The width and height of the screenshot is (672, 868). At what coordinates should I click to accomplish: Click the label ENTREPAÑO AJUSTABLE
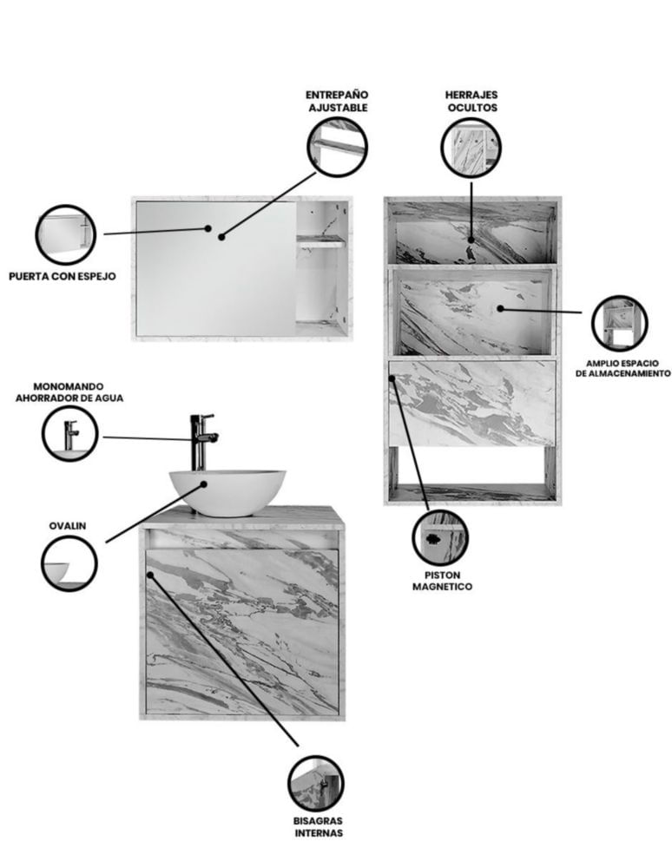pos(338,102)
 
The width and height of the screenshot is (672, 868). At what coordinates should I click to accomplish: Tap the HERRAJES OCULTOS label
pos(472,102)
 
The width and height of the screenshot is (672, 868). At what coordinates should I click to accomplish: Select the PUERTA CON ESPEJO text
pos(63,276)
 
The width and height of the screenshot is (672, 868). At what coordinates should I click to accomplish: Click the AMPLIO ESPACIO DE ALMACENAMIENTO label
pos(623,369)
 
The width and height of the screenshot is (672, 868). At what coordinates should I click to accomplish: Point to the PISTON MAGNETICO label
pos(442,581)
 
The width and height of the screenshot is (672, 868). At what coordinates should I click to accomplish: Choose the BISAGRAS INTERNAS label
pos(319,826)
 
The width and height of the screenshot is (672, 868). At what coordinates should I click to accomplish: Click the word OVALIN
pos(68,526)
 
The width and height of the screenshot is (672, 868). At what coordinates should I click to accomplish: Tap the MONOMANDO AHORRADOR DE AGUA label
pos(69,392)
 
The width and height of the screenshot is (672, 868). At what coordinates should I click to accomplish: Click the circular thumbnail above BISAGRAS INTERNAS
pos(315,784)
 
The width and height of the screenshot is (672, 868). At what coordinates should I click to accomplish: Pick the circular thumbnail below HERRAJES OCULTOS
pos(471,148)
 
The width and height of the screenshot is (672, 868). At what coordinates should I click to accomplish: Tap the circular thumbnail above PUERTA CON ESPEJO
pos(65,234)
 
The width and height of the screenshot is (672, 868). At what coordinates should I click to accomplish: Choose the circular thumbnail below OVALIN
pos(69,563)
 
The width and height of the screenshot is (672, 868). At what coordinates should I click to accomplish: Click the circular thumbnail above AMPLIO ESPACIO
pos(619,323)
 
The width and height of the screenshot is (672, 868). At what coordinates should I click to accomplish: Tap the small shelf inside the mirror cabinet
pos(321,240)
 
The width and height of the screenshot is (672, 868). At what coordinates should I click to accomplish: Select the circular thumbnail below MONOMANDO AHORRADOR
pos(69,433)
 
